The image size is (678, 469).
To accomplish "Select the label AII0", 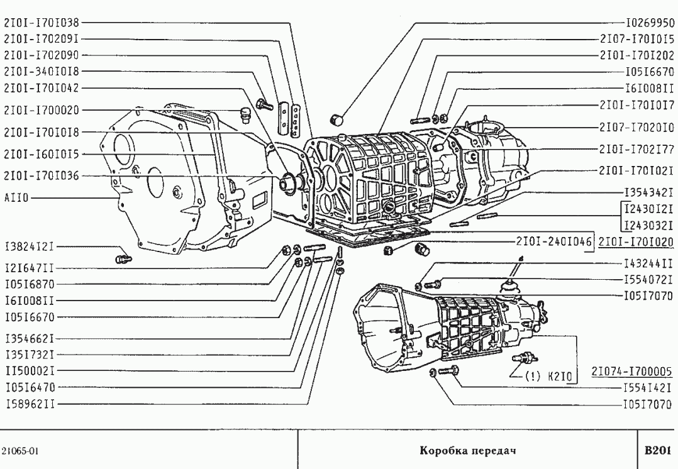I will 14,197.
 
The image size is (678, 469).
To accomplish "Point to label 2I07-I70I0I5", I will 636,38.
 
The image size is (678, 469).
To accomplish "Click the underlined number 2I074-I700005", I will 633,372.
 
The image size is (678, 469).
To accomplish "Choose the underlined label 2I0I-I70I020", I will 636,241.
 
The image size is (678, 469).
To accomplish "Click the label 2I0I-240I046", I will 554,241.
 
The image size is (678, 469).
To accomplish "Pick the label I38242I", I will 30,246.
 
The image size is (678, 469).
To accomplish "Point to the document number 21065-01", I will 22,451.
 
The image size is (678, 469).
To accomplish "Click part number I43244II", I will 649,262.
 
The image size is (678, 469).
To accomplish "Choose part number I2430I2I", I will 649,209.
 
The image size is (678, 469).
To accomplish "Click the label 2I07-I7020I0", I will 636,126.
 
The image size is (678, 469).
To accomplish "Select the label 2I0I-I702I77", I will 636,148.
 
